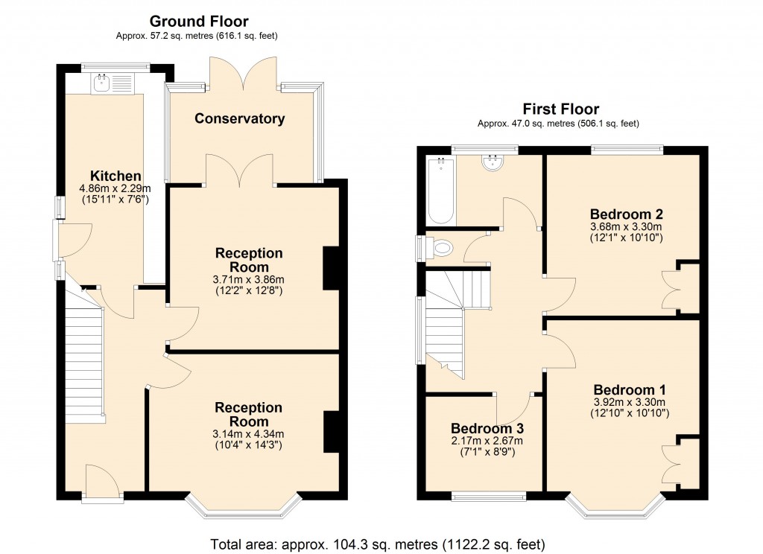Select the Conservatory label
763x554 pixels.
(x=240, y=118)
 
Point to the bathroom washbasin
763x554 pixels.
(x=493, y=163)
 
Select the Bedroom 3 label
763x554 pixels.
(x=487, y=429)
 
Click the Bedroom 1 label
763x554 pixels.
(x=630, y=389)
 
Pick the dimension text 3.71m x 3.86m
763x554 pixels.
(x=249, y=280)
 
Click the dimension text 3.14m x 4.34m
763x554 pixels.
(x=249, y=434)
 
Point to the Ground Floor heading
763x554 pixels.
(x=199, y=22)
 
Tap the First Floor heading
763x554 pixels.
(x=560, y=109)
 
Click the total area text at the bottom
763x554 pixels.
(x=378, y=542)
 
